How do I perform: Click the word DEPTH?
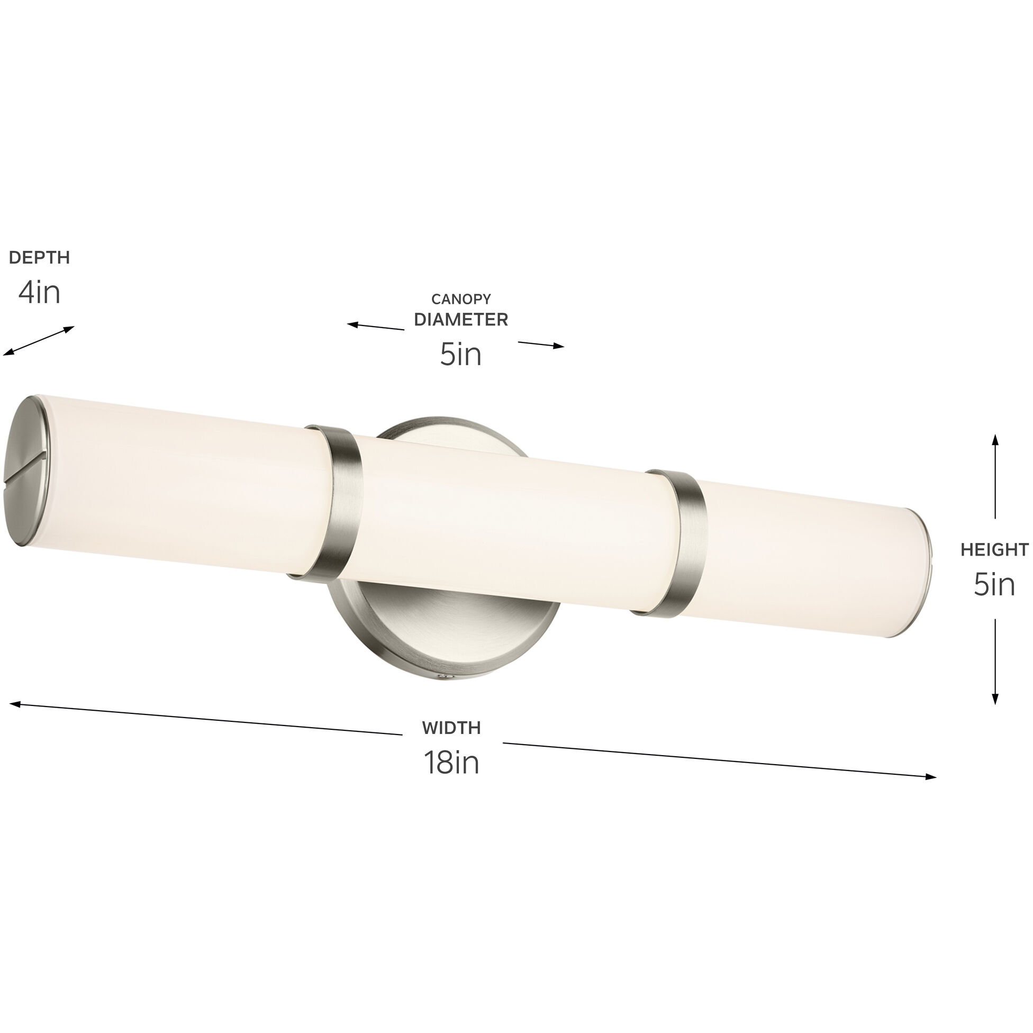point(39,258)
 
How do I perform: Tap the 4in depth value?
point(39,293)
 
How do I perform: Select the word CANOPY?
point(461,299)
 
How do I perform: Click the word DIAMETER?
point(461,320)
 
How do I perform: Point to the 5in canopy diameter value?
point(461,355)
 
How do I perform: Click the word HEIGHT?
point(994,550)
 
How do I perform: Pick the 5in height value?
point(994,584)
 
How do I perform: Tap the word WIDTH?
point(451,728)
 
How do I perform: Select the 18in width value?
point(451,762)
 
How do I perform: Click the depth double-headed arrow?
point(39,341)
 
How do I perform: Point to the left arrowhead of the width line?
point(15,704)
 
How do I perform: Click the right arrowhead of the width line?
point(931,777)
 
